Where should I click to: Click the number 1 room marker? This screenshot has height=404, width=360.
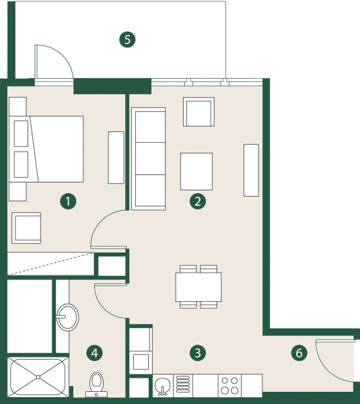click(67, 200)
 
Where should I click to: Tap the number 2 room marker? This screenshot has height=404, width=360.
click(196, 200)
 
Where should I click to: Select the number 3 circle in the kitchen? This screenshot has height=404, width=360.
click(196, 352)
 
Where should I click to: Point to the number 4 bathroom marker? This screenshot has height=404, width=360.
click(95, 352)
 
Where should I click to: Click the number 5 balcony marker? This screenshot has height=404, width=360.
click(127, 39)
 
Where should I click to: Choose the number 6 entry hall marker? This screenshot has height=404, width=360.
click(299, 352)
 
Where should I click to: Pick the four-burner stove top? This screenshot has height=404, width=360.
click(229, 386)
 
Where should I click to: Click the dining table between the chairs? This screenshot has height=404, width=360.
click(199, 287)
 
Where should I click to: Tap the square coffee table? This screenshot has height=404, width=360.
click(196, 171)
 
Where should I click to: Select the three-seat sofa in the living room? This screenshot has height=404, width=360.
click(149, 158)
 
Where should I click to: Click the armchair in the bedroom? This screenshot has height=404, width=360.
click(26, 228)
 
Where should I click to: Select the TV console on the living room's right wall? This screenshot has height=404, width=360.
click(251, 170)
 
